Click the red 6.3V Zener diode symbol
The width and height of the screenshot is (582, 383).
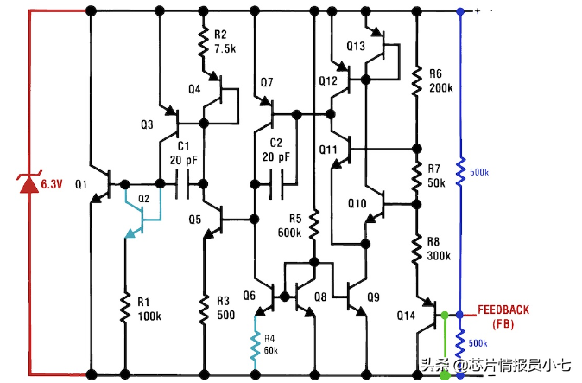(x=31, y=184)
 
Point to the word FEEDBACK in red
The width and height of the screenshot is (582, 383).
(x=503, y=310)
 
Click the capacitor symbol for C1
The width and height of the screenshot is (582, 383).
(x=182, y=184)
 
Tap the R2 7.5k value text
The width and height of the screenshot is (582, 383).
(x=226, y=49)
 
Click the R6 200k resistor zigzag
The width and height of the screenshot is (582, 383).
(x=415, y=82)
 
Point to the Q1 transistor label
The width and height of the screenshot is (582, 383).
(x=82, y=184)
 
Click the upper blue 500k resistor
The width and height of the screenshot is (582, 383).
(x=460, y=170)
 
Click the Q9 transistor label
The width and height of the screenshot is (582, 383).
(x=373, y=297)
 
